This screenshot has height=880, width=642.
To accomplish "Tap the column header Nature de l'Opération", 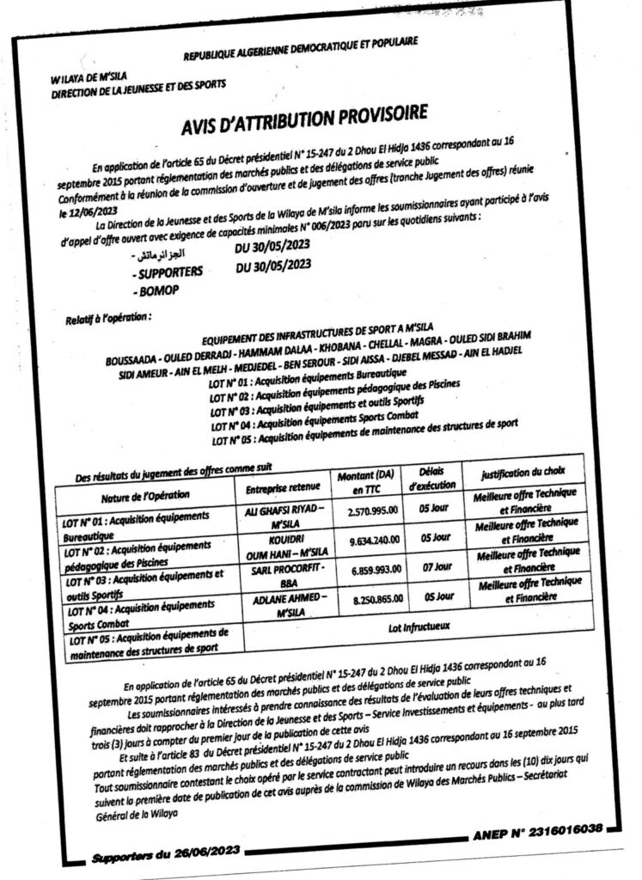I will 144,496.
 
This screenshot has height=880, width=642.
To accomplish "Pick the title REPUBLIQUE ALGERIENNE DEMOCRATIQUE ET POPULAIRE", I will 300,52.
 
